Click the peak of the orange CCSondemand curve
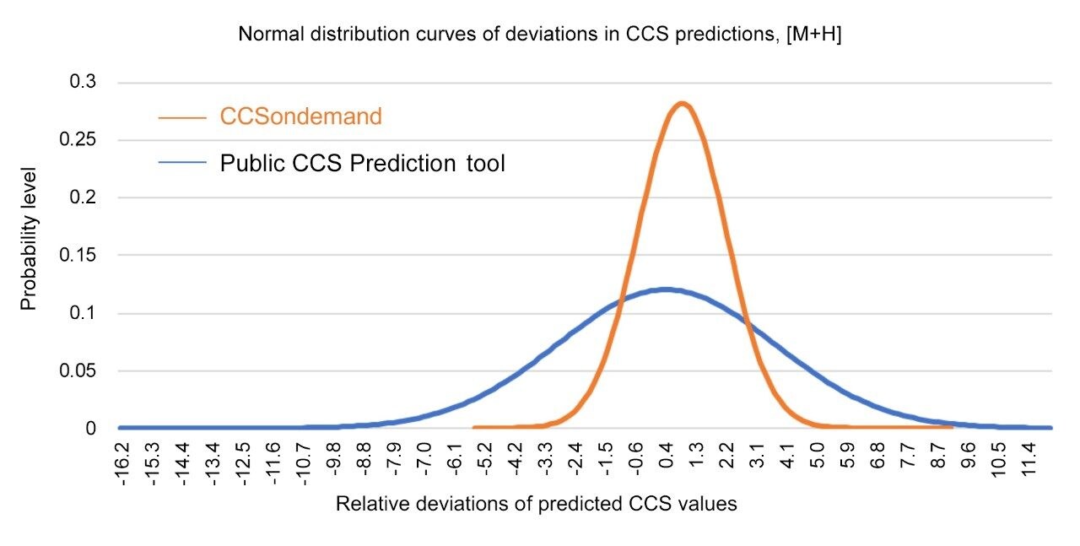coord(682,105)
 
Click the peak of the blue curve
coord(666,289)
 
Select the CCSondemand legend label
coord(300,116)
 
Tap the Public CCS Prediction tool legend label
coord(362,163)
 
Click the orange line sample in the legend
coord(181,117)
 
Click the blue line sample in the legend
coord(181,164)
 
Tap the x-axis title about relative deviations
coord(537,505)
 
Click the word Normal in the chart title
coord(264,35)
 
